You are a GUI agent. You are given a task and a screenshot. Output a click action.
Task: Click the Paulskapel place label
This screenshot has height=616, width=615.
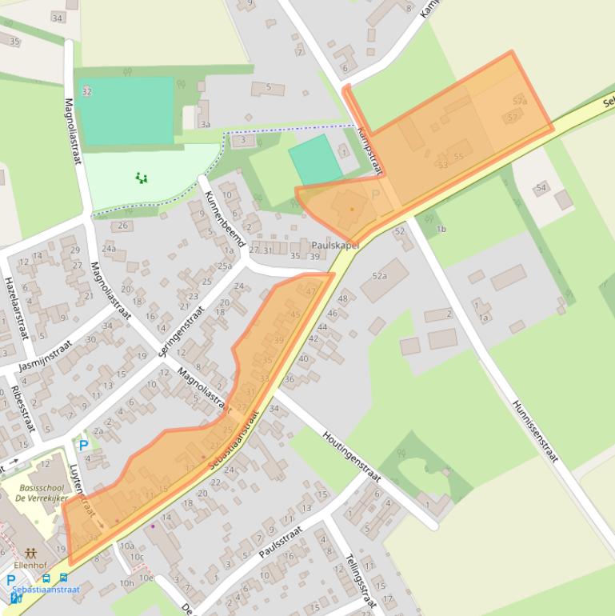335,246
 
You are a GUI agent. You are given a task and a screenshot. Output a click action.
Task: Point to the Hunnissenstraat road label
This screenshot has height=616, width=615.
533,431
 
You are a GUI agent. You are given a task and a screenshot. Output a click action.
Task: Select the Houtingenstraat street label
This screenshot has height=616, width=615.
352,458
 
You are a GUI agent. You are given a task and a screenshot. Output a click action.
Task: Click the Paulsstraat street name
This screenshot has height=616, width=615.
280,542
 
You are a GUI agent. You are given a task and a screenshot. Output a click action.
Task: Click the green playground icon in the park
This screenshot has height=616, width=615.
142,178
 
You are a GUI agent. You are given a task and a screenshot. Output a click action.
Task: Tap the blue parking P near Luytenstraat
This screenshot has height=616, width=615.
83,445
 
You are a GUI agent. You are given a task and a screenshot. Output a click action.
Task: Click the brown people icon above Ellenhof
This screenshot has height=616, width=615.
31,552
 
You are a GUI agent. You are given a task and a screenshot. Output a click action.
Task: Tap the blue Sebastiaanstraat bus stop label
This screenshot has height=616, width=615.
46,590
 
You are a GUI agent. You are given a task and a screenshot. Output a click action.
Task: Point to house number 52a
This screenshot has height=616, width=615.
379,276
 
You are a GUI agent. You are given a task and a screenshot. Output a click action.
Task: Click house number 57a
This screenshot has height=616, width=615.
520,102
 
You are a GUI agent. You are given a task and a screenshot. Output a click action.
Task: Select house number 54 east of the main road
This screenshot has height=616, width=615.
541,188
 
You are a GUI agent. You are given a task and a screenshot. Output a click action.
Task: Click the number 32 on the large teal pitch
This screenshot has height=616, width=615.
86,91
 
